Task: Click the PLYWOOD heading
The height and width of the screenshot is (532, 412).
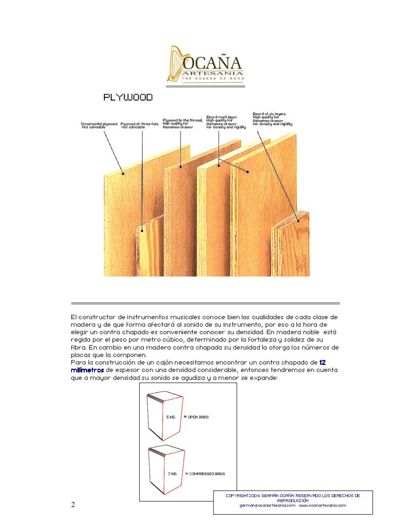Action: (x=128, y=97)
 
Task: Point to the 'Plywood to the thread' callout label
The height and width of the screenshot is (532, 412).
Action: (x=182, y=123)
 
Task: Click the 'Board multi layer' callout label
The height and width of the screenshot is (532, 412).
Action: (x=226, y=122)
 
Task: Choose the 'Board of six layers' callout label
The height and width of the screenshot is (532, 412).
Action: (x=272, y=118)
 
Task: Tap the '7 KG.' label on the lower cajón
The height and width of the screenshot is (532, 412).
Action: (x=173, y=473)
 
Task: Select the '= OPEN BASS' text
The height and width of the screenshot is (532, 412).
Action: (x=196, y=416)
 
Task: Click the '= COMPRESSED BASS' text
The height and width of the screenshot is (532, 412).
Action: (x=205, y=473)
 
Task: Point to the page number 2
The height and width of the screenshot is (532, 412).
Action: (x=73, y=505)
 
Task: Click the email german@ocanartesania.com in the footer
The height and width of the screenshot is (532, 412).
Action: (x=267, y=505)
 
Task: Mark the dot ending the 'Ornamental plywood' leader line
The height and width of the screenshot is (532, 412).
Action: (x=123, y=173)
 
